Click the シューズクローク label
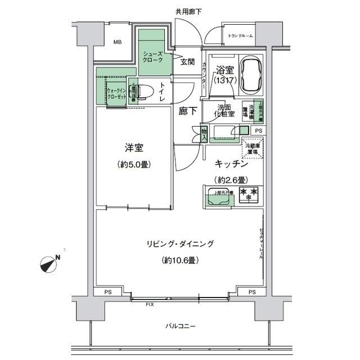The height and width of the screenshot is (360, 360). pyautogui.click(x=152, y=55)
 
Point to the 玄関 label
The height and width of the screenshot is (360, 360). pyautogui.click(x=187, y=62)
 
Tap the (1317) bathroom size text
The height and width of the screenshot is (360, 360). pyautogui.click(x=224, y=81)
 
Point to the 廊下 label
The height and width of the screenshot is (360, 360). pyautogui.click(x=188, y=111)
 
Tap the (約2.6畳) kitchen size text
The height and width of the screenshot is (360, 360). pyautogui.click(x=231, y=180)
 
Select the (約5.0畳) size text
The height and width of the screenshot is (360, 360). pyautogui.click(x=133, y=165)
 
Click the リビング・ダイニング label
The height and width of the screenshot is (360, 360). pyautogui.click(x=180, y=244)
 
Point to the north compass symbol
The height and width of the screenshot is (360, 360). pyautogui.click(x=51, y=262)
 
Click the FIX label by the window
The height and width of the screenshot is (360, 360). pyautogui.click(x=150, y=304)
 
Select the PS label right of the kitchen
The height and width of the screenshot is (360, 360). pyautogui.click(x=258, y=130)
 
